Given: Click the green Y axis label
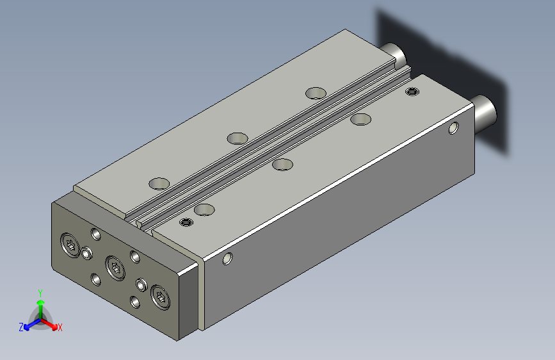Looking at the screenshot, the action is coord(40,293).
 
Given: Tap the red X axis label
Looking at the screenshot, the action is coord(60,327).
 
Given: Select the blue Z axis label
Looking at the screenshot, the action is coord(21,327).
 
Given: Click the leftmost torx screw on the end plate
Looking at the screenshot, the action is coord(70,245).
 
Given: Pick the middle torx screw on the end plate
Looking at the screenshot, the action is coord(115,268).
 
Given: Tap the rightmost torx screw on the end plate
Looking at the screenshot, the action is coord(160,298).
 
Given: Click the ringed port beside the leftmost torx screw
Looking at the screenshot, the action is coord(86,254).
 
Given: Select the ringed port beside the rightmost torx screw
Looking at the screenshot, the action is coord(141,284).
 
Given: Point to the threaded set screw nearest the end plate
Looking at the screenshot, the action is coord(186,222).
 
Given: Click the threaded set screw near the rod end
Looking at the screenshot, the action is coord(412,92).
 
